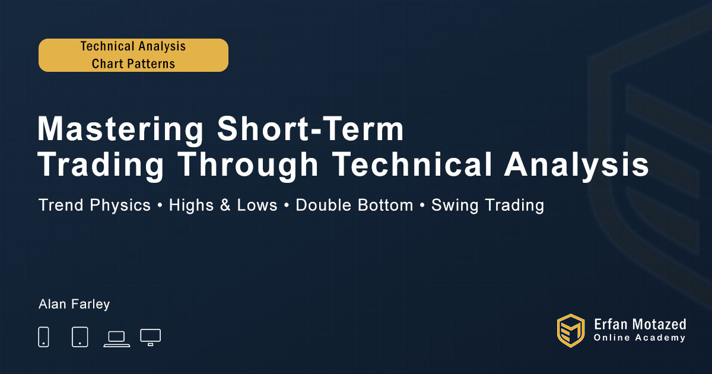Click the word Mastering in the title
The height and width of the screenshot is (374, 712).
tap(120, 129)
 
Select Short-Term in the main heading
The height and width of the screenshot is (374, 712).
tap(310, 129)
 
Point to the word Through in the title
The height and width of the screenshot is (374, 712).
tap(248, 165)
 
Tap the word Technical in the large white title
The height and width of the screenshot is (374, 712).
tap(412, 164)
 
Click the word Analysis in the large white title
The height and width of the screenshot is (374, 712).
tap(577, 165)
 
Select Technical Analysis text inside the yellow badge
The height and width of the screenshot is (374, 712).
tap(133, 46)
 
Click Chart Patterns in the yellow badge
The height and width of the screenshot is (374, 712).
tap(133, 64)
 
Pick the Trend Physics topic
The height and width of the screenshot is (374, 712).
tap(94, 205)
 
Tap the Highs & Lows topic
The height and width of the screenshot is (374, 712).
tap(223, 205)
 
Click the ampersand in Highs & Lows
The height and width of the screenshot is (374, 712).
tap(225, 205)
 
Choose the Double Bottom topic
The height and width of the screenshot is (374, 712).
tap(354, 205)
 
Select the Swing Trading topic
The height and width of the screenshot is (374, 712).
tap(488, 205)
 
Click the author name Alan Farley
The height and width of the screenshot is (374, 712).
tap(74, 305)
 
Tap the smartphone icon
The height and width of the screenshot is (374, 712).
tap(43, 337)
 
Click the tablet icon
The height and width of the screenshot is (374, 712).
tap(80, 337)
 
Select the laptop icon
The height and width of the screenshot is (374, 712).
tap(117, 339)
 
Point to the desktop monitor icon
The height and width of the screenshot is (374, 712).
tap(150, 337)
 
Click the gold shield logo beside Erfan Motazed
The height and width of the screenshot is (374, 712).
tap(571, 331)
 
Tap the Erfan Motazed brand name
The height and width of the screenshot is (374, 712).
tap(640, 325)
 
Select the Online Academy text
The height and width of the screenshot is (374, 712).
tap(640, 338)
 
